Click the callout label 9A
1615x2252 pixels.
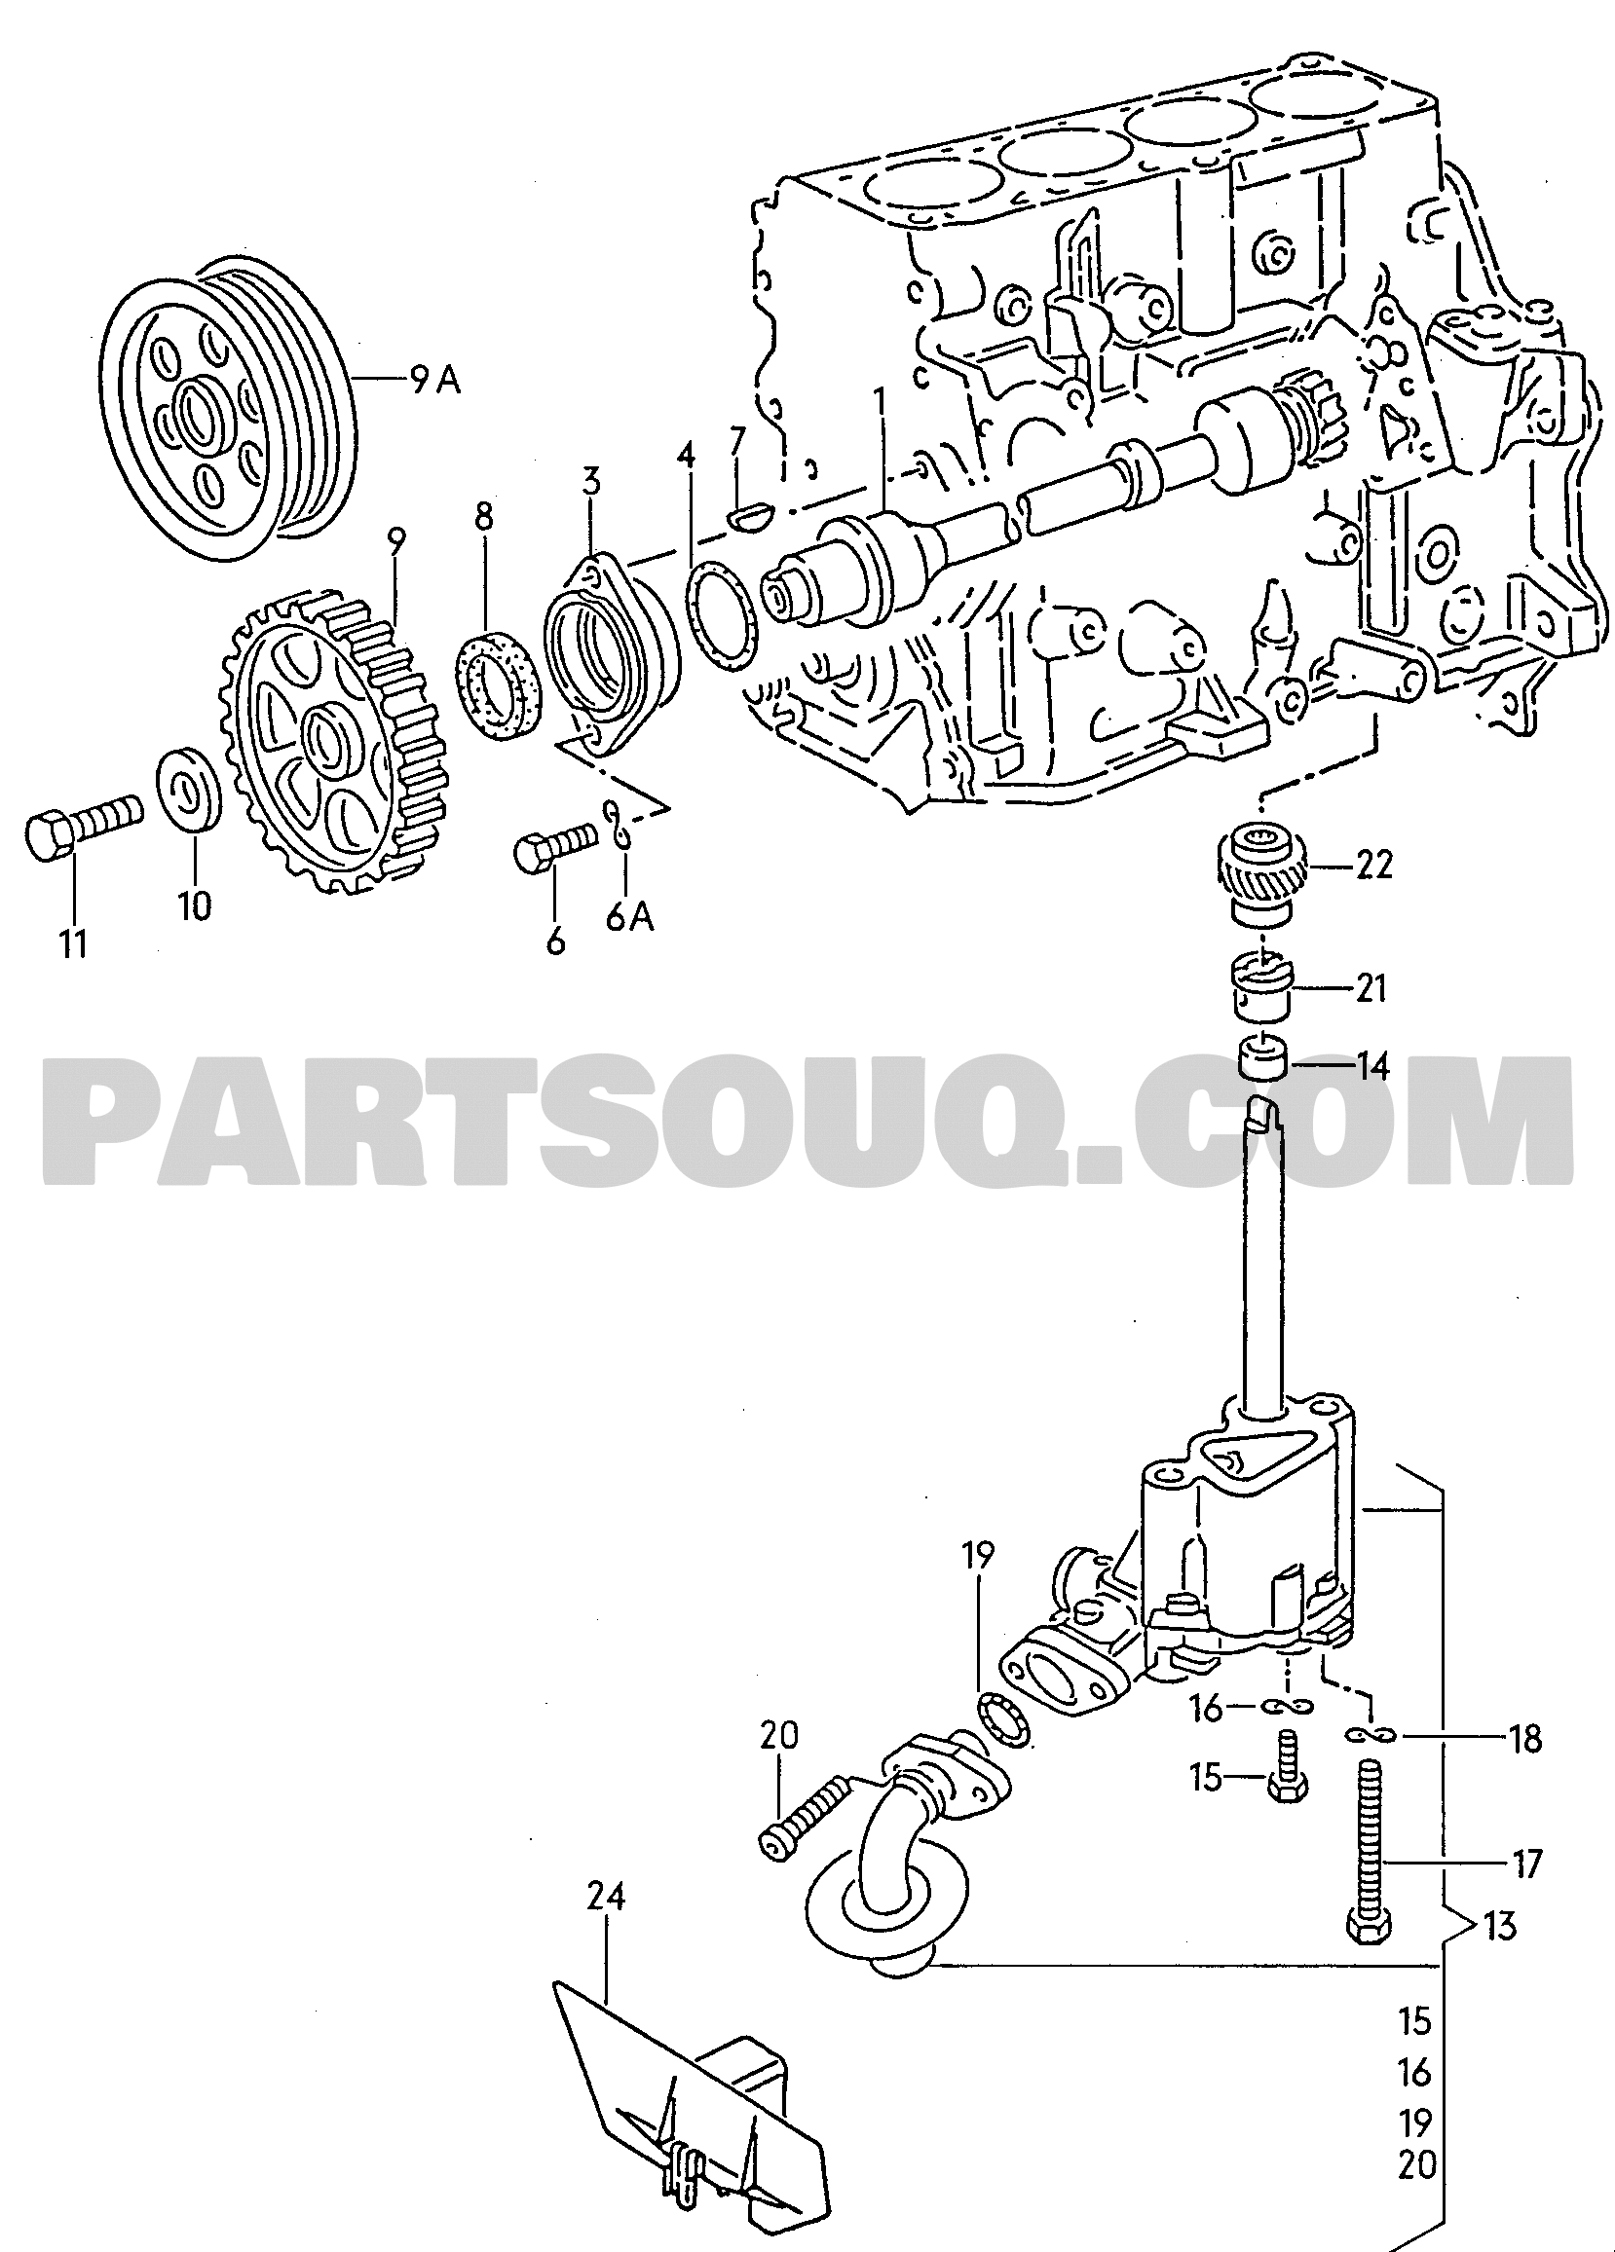pyautogui.click(x=435, y=381)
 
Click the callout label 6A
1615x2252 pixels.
pyautogui.click(x=628, y=918)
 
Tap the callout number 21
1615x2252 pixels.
pyautogui.click(x=1371, y=988)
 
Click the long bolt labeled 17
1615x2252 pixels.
pyautogui.click(x=1370, y=1846)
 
